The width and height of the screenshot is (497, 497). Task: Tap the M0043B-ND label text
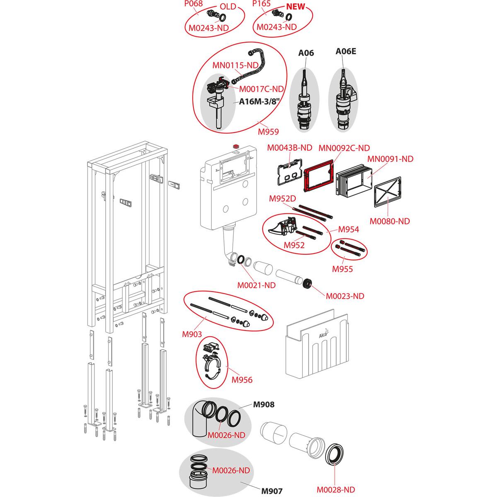[x=290, y=147]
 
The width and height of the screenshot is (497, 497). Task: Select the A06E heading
[x=346, y=51]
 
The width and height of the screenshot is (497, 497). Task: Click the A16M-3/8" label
[x=259, y=102]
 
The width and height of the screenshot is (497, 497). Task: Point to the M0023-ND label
[x=345, y=296]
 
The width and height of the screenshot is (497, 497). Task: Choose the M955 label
[x=343, y=269]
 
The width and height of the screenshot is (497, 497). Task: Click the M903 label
[x=192, y=334]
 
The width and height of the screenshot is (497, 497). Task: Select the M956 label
[x=242, y=379]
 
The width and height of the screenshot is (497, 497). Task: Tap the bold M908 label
[x=264, y=404]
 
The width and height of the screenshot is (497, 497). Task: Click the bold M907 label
[x=272, y=491]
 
